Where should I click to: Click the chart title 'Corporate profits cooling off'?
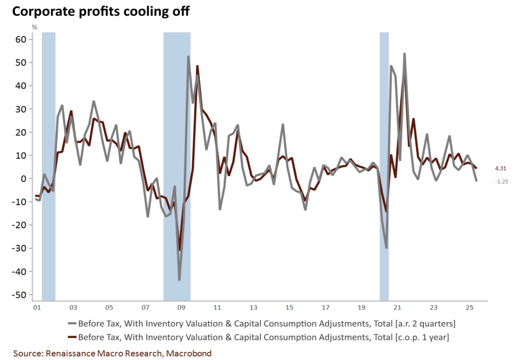(x=101, y=11)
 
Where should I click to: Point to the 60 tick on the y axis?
(x=21, y=40)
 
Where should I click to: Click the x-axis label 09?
(x=181, y=308)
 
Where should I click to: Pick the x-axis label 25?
(x=469, y=308)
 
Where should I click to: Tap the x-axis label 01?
(x=36, y=308)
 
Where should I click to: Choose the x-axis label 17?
(x=325, y=308)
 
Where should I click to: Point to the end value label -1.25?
(x=502, y=182)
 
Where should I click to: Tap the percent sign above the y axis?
(x=35, y=27)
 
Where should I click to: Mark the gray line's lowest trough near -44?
(x=179, y=280)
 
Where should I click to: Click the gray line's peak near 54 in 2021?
(x=405, y=53)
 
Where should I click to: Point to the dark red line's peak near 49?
(x=198, y=66)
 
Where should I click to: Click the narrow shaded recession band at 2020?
(x=384, y=165)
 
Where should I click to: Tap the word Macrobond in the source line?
(x=189, y=353)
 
